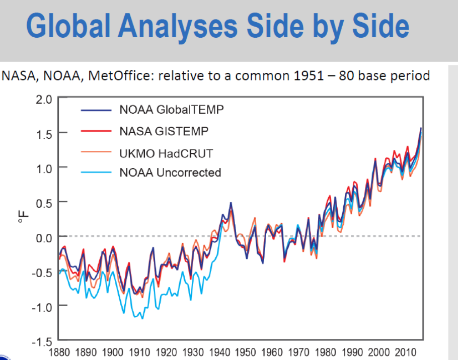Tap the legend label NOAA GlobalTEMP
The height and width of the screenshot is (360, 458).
(171, 109)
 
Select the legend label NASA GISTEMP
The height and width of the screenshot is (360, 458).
(164, 131)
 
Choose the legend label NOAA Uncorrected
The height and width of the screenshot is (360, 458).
(170, 173)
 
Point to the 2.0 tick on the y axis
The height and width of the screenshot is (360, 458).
(44, 99)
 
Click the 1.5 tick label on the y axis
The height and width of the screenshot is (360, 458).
(44, 133)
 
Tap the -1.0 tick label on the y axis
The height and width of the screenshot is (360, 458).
(43, 306)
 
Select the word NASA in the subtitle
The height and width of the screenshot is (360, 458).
(16, 76)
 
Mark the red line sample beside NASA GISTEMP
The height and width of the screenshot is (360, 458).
(96, 131)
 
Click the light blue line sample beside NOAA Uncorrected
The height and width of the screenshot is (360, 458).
(96, 173)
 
